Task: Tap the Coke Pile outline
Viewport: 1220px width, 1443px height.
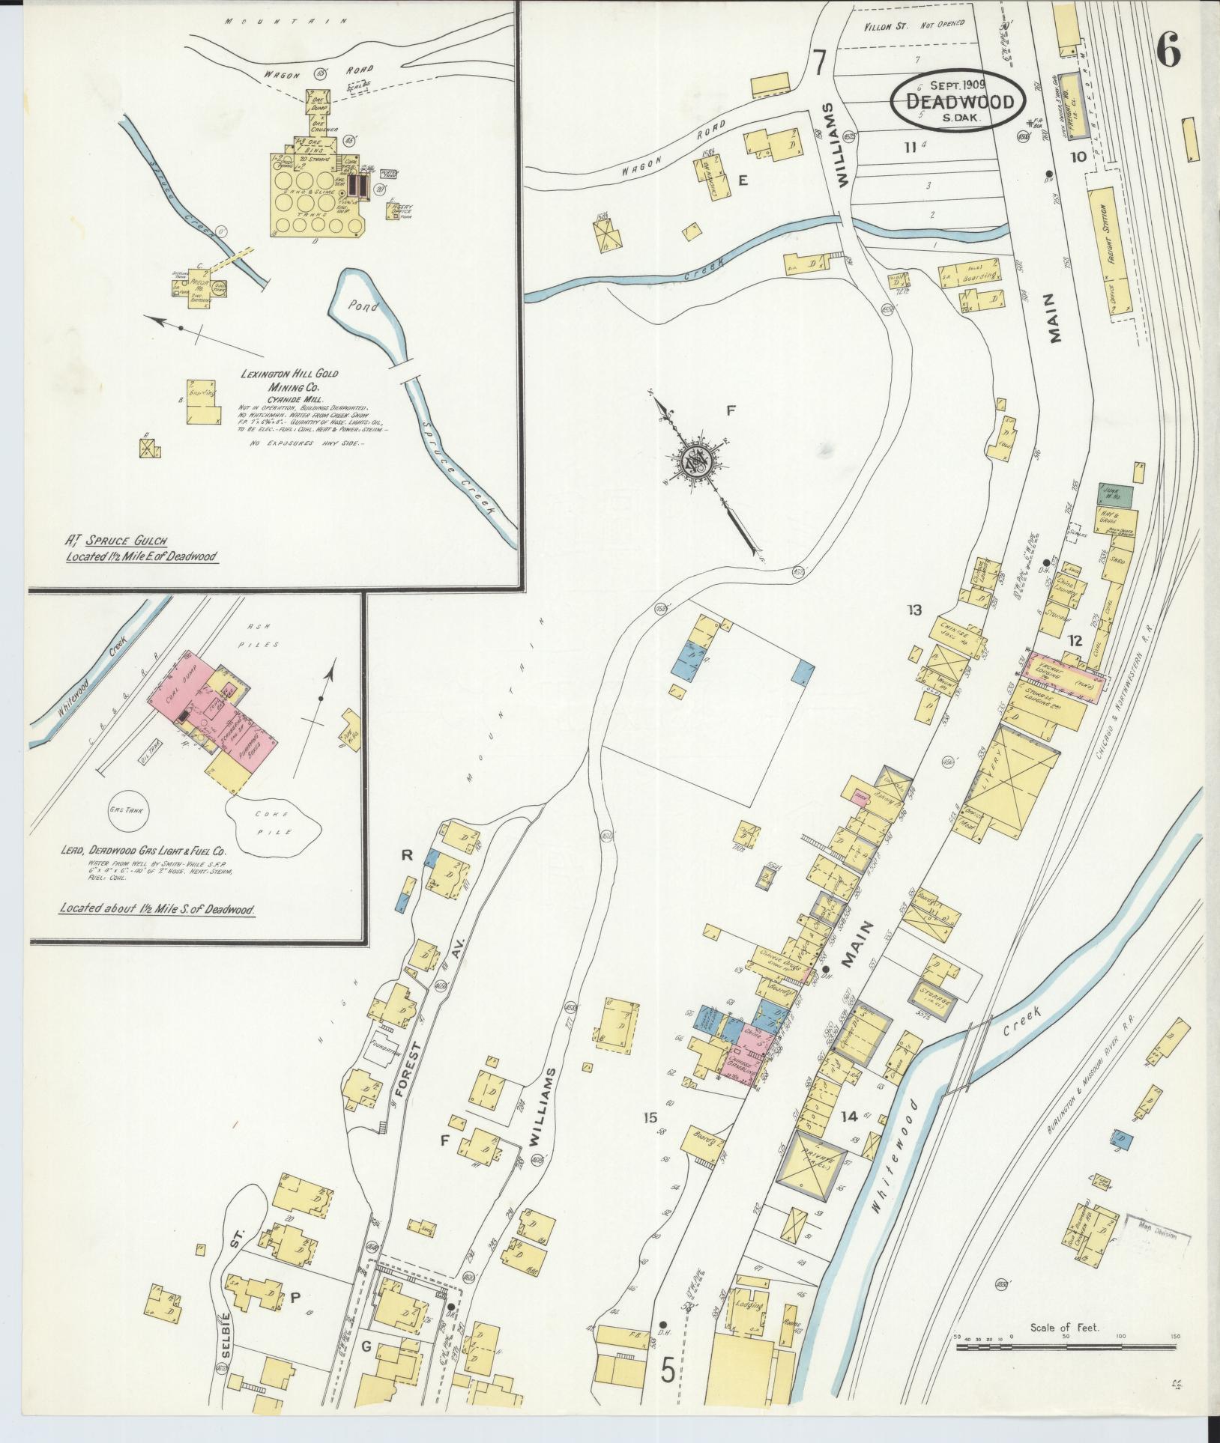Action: (276, 824)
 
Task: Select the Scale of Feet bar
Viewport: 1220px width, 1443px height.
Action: (1065, 1348)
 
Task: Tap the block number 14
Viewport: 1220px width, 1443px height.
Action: (848, 1137)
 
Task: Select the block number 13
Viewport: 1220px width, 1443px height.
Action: (914, 610)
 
